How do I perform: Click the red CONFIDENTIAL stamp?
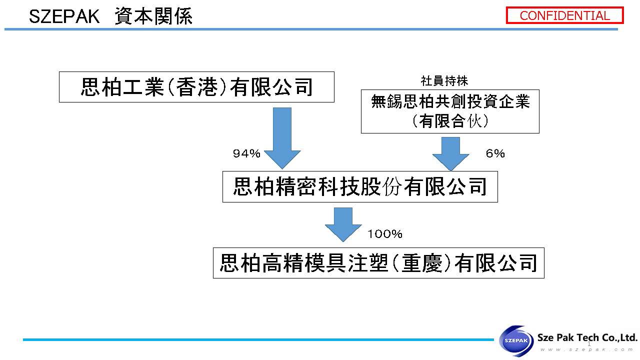565,15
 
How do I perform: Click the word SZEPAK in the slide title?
62,17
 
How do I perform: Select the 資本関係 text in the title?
153,17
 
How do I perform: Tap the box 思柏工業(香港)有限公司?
196,87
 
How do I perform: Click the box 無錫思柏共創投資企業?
450,111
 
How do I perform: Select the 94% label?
246,154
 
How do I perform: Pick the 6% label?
495,154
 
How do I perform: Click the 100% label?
385,234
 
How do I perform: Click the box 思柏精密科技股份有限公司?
360,187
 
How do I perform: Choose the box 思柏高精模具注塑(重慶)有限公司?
378,263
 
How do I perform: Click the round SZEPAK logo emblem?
517,340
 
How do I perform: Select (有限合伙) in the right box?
450,121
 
